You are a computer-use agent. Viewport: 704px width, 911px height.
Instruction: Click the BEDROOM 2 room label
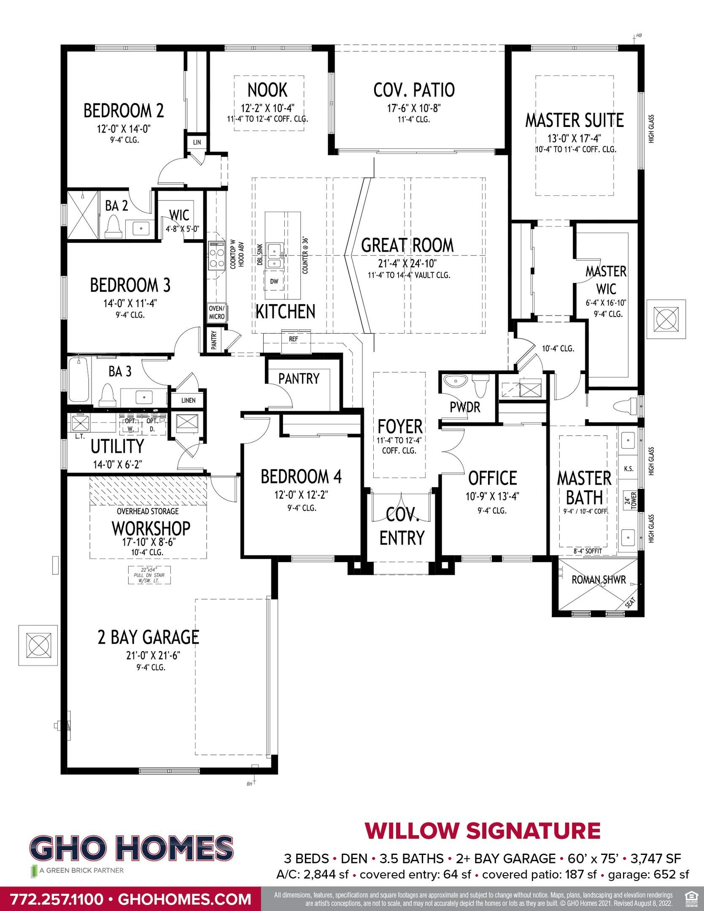pyautogui.click(x=124, y=111)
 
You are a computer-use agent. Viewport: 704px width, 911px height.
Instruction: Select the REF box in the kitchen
pyautogui.click(x=294, y=339)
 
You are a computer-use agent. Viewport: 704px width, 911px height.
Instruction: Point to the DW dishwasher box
pyautogui.click(x=274, y=281)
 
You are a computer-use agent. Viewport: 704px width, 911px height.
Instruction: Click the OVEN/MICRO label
pyautogui.click(x=217, y=313)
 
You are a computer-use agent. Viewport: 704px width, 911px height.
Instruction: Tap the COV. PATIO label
pyautogui.click(x=414, y=90)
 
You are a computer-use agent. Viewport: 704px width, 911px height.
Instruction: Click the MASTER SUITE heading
pyautogui.click(x=574, y=121)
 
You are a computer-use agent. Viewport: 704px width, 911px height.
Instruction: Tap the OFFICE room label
pyautogui.click(x=492, y=478)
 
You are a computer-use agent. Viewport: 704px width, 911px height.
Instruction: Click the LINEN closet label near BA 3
pyautogui.click(x=189, y=400)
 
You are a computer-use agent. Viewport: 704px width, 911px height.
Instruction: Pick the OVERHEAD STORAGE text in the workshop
pyautogui.click(x=148, y=511)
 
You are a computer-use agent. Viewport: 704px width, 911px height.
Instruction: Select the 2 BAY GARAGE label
pyautogui.click(x=148, y=637)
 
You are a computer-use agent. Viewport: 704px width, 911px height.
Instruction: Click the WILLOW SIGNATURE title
pyautogui.click(x=483, y=831)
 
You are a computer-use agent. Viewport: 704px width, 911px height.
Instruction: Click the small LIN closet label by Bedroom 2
pyautogui.click(x=197, y=143)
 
